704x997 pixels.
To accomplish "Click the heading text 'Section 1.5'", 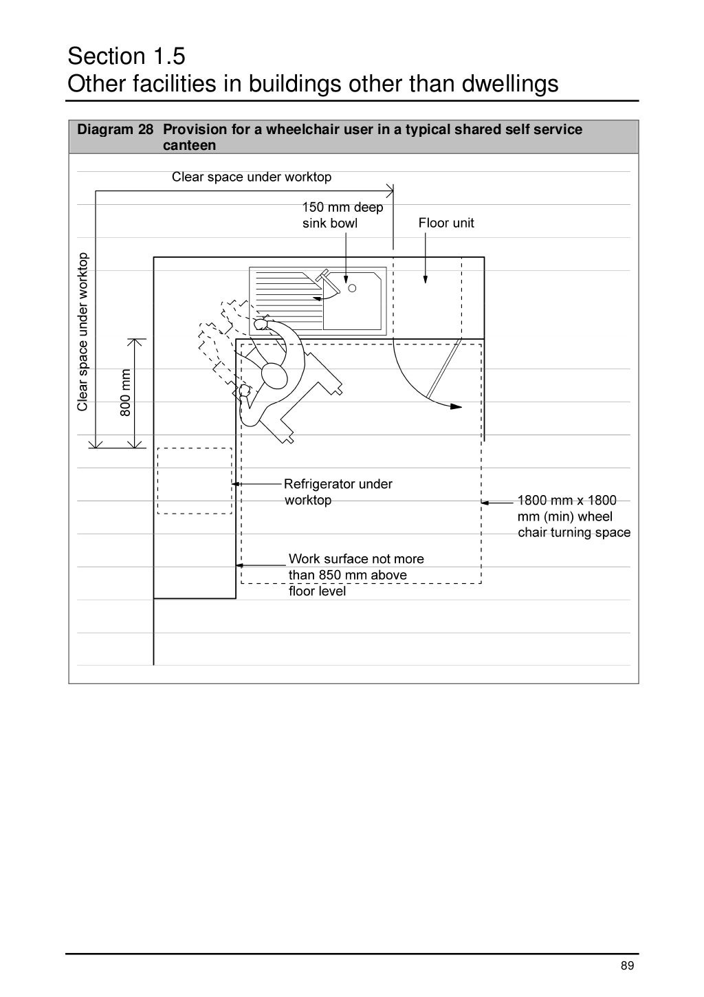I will pyautogui.click(x=126, y=56).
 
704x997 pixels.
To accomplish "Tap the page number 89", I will pyautogui.click(x=627, y=966).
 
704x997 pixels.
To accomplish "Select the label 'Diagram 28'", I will pyautogui.click(x=115, y=129).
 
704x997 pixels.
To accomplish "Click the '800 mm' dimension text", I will pyautogui.click(x=125, y=393).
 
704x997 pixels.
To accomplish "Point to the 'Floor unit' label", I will pyautogui.click(x=446, y=223).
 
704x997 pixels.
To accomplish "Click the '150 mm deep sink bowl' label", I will pyautogui.click(x=342, y=215).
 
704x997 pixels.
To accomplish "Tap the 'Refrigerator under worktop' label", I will pyautogui.click(x=338, y=492).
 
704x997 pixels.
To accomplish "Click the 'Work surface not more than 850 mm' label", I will pyautogui.click(x=355, y=574).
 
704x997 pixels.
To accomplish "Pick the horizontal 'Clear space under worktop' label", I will pyautogui.click(x=252, y=177).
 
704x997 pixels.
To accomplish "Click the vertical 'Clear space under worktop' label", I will pyautogui.click(x=82, y=332).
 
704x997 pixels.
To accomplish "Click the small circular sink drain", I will pyautogui.click(x=352, y=288).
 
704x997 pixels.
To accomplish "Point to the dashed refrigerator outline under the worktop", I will pyautogui.click(x=195, y=481).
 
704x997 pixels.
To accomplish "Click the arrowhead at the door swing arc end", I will pyautogui.click(x=456, y=406).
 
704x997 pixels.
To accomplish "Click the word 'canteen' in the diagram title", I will pyautogui.click(x=189, y=145).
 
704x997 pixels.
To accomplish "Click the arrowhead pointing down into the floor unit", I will pyautogui.click(x=426, y=279).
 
